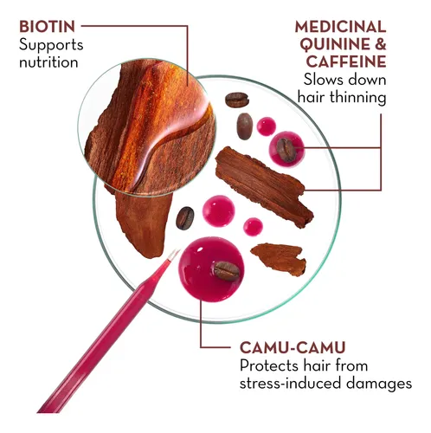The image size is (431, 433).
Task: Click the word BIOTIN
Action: point(47,27)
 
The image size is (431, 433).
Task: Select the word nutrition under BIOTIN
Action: point(48,62)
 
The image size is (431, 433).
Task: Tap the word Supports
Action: point(51,46)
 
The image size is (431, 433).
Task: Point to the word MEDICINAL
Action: point(340,27)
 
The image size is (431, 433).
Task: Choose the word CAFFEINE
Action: point(346,61)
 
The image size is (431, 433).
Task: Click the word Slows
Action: point(321,80)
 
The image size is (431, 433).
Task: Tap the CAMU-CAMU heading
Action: point(293,347)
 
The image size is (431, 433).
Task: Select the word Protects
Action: point(269,365)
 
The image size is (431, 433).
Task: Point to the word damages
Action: point(379,384)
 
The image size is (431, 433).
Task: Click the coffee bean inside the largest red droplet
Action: point(227,271)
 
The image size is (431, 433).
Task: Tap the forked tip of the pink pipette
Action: point(174,253)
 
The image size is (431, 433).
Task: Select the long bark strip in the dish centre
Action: point(264,186)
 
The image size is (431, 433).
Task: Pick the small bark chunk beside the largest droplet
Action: point(280,259)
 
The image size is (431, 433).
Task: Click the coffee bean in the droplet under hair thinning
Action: point(286,150)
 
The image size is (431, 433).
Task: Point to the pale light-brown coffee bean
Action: point(245,126)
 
